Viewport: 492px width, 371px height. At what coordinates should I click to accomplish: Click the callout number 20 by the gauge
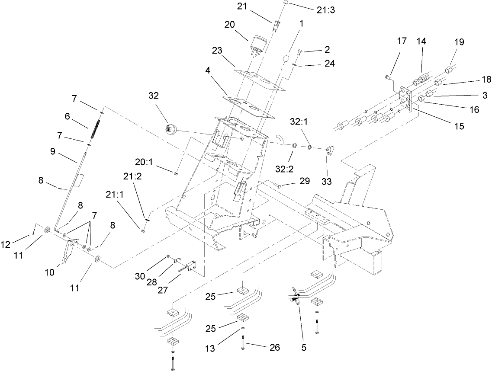229,25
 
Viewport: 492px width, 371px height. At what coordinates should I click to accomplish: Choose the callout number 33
327,182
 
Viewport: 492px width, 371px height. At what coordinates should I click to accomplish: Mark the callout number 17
402,42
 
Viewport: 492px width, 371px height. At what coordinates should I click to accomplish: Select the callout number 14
421,42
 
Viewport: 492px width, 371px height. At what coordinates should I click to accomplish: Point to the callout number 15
459,126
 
